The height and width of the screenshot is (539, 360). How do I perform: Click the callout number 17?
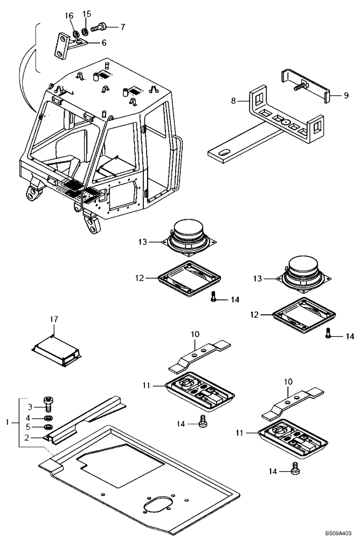coord(53,320)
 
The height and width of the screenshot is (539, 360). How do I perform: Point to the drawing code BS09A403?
coord(341,533)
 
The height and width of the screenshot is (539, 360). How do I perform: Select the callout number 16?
coord(69,16)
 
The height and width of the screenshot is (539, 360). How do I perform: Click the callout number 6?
coord(103,43)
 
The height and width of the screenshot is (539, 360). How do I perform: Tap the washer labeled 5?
coord(47,427)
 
